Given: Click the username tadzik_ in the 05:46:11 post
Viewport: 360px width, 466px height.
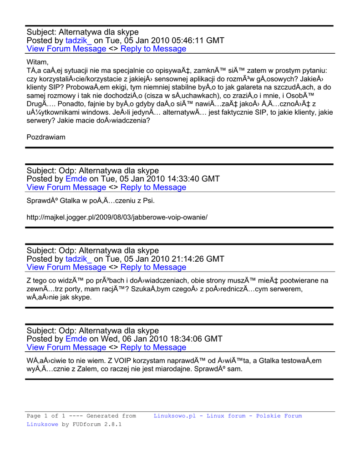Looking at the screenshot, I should [78, 41].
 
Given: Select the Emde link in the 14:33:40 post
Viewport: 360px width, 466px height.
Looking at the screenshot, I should [76, 179].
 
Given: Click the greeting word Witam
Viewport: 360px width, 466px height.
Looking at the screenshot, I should [37, 62].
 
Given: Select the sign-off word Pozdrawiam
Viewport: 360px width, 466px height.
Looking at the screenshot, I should [46, 137].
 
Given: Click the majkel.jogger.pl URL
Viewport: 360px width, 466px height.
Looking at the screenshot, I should [117, 217].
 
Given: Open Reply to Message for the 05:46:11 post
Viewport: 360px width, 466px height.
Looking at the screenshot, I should [153, 49].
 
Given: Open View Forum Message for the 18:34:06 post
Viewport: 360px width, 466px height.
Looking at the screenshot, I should [66, 347].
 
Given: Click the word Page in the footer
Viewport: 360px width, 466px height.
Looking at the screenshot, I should [34, 416].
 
